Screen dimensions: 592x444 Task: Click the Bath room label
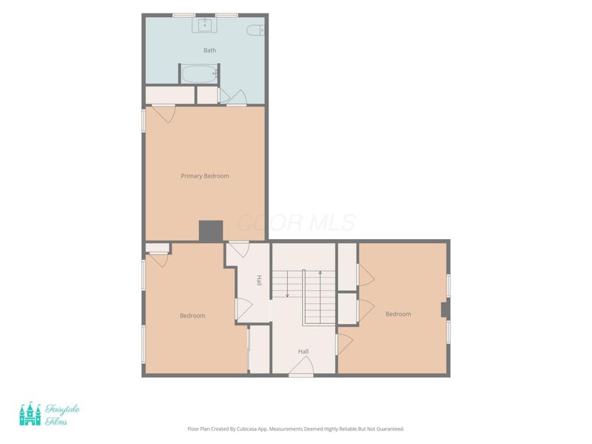pyautogui.click(x=210, y=50)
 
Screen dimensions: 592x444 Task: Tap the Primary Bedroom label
pyautogui.click(x=205, y=176)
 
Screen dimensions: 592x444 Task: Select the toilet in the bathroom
pyautogui.click(x=255, y=30)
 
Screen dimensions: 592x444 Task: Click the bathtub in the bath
pyautogui.click(x=199, y=74)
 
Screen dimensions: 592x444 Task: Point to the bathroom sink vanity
pyautogui.click(x=204, y=25)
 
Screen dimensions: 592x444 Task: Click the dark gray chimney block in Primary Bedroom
pyautogui.click(x=211, y=231)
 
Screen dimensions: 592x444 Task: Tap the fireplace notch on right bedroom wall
pyautogui.click(x=445, y=309)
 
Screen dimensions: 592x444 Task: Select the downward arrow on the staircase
pyautogui.click(x=287, y=284)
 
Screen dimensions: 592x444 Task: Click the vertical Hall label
pyautogui.click(x=259, y=280)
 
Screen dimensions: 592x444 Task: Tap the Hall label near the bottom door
pyautogui.click(x=303, y=351)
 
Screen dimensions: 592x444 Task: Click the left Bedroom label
pyautogui.click(x=192, y=316)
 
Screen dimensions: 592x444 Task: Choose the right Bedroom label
pyautogui.click(x=398, y=314)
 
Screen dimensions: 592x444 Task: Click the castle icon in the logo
pyautogui.click(x=30, y=414)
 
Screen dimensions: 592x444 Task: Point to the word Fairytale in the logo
pyautogui.click(x=62, y=409)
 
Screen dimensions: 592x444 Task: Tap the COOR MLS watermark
pyautogui.click(x=297, y=223)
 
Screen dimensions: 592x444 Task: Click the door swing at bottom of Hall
pyautogui.click(x=302, y=365)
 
